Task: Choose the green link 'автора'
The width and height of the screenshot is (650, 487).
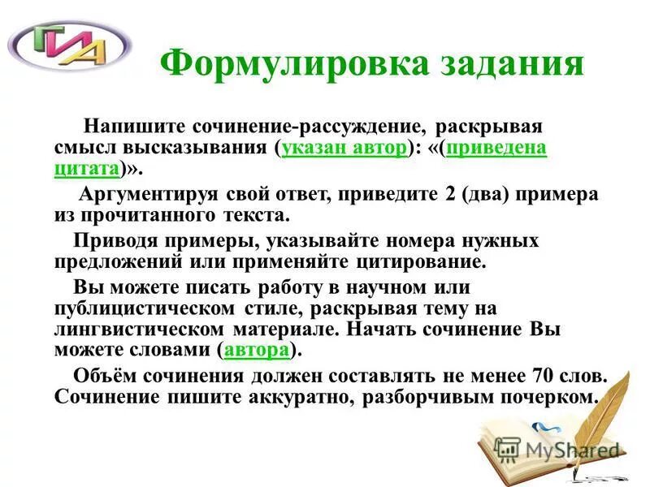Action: tap(257, 350)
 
